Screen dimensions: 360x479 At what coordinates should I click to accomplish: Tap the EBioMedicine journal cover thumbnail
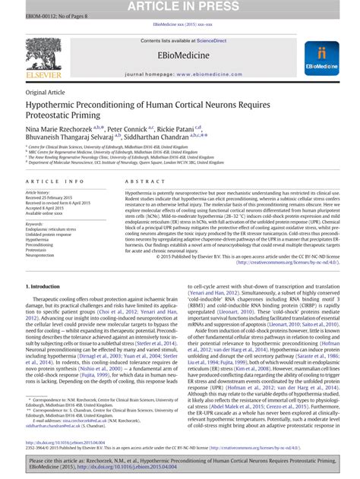tap(319, 59)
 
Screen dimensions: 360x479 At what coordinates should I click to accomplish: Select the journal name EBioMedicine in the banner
tap(180, 57)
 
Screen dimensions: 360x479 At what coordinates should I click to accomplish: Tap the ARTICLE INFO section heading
tap(55, 183)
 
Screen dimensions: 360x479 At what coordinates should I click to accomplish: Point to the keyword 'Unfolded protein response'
tap(51, 236)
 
